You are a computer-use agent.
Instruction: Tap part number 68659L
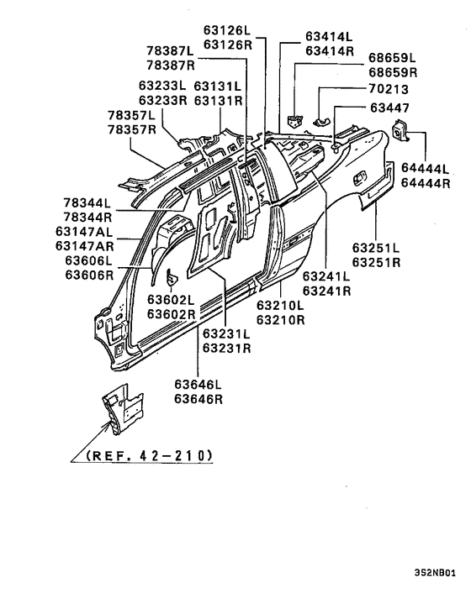pos(392,58)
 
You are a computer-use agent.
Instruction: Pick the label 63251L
pos(376,249)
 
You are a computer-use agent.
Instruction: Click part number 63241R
pos(327,290)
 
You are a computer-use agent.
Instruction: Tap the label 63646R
pos(198,399)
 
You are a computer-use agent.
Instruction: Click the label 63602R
pos(172,314)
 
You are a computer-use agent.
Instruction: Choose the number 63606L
pos(82,260)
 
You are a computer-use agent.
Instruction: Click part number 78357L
pos(130,115)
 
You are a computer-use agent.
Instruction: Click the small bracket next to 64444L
pos(400,132)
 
